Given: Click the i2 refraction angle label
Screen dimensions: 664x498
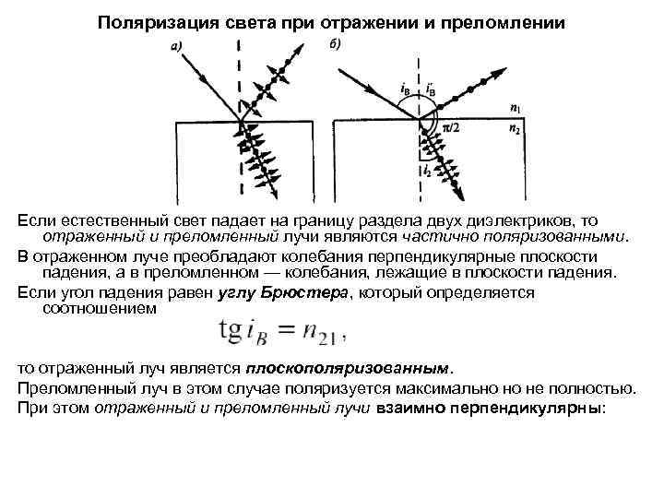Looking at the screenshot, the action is click(425, 172).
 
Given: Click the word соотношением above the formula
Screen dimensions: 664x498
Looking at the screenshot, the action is click(100, 310).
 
